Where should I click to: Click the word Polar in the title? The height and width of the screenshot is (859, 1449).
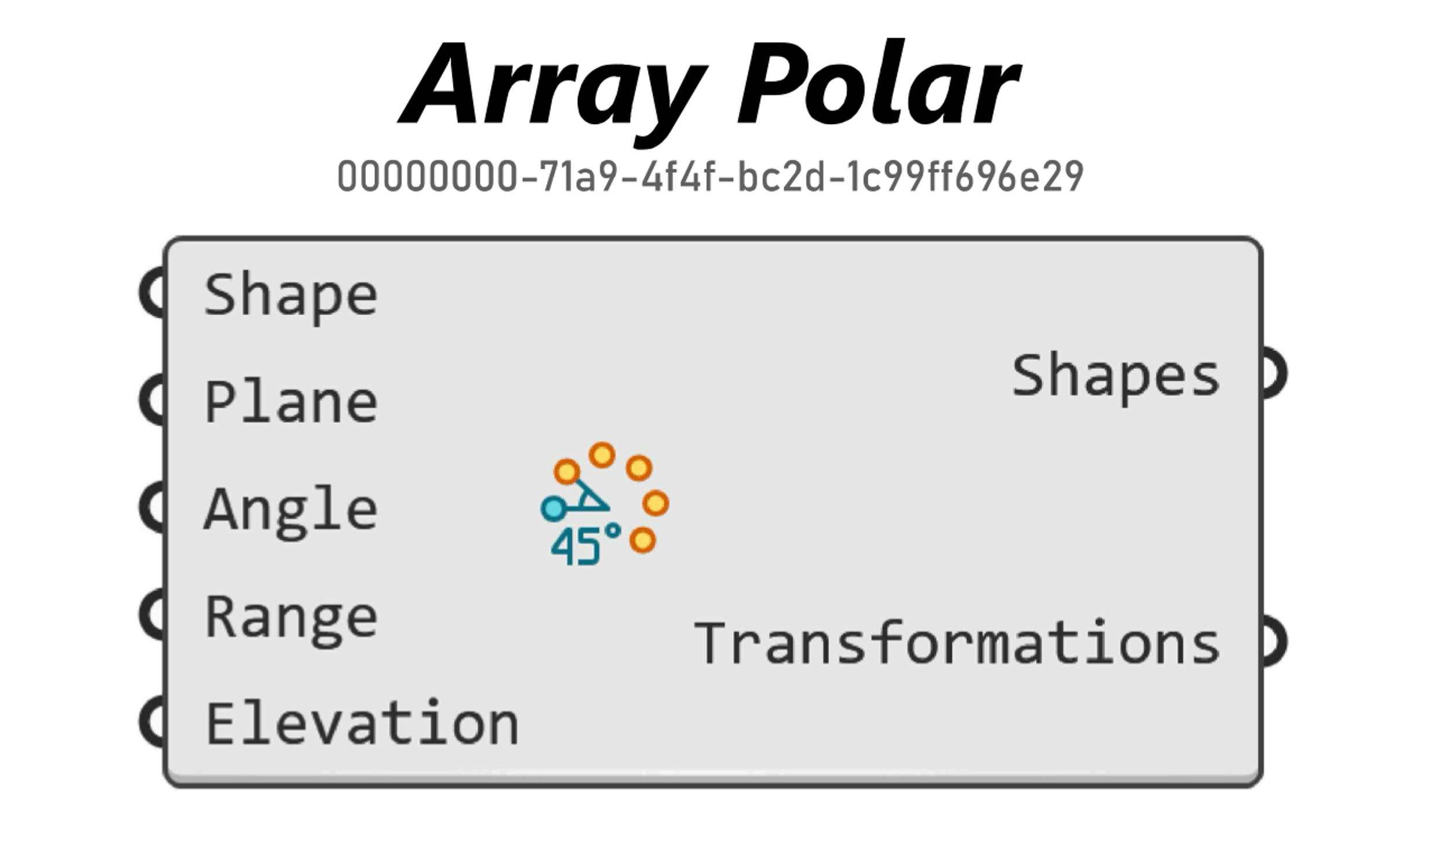click(x=878, y=82)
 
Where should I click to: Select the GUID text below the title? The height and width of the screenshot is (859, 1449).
click(x=710, y=176)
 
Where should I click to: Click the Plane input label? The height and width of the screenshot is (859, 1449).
click(x=292, y=402)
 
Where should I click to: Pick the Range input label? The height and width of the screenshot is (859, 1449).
click(x=292, y=620)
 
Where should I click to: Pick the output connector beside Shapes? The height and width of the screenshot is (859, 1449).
click(x=1274, y=373)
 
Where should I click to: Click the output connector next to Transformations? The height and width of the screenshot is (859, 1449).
click(x=1274, y=641)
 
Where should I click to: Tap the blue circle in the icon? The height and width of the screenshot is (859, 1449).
click(x=554, y=508)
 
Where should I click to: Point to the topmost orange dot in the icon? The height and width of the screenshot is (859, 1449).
click(x=602, y=455)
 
